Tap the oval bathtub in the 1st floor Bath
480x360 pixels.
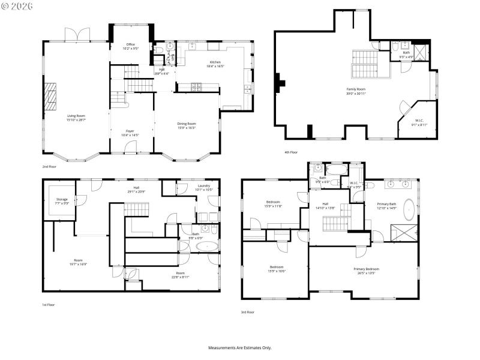point(208,247)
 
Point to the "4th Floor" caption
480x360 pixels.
point(291,152)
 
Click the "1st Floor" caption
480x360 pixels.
point(49,305)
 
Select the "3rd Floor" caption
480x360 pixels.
point(248,312)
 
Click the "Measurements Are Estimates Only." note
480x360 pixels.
point(240,347)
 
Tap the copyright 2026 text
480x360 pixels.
point(17,6)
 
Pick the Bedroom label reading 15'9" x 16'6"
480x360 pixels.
point(277,269)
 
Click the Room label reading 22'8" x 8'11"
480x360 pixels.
point(181,275)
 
